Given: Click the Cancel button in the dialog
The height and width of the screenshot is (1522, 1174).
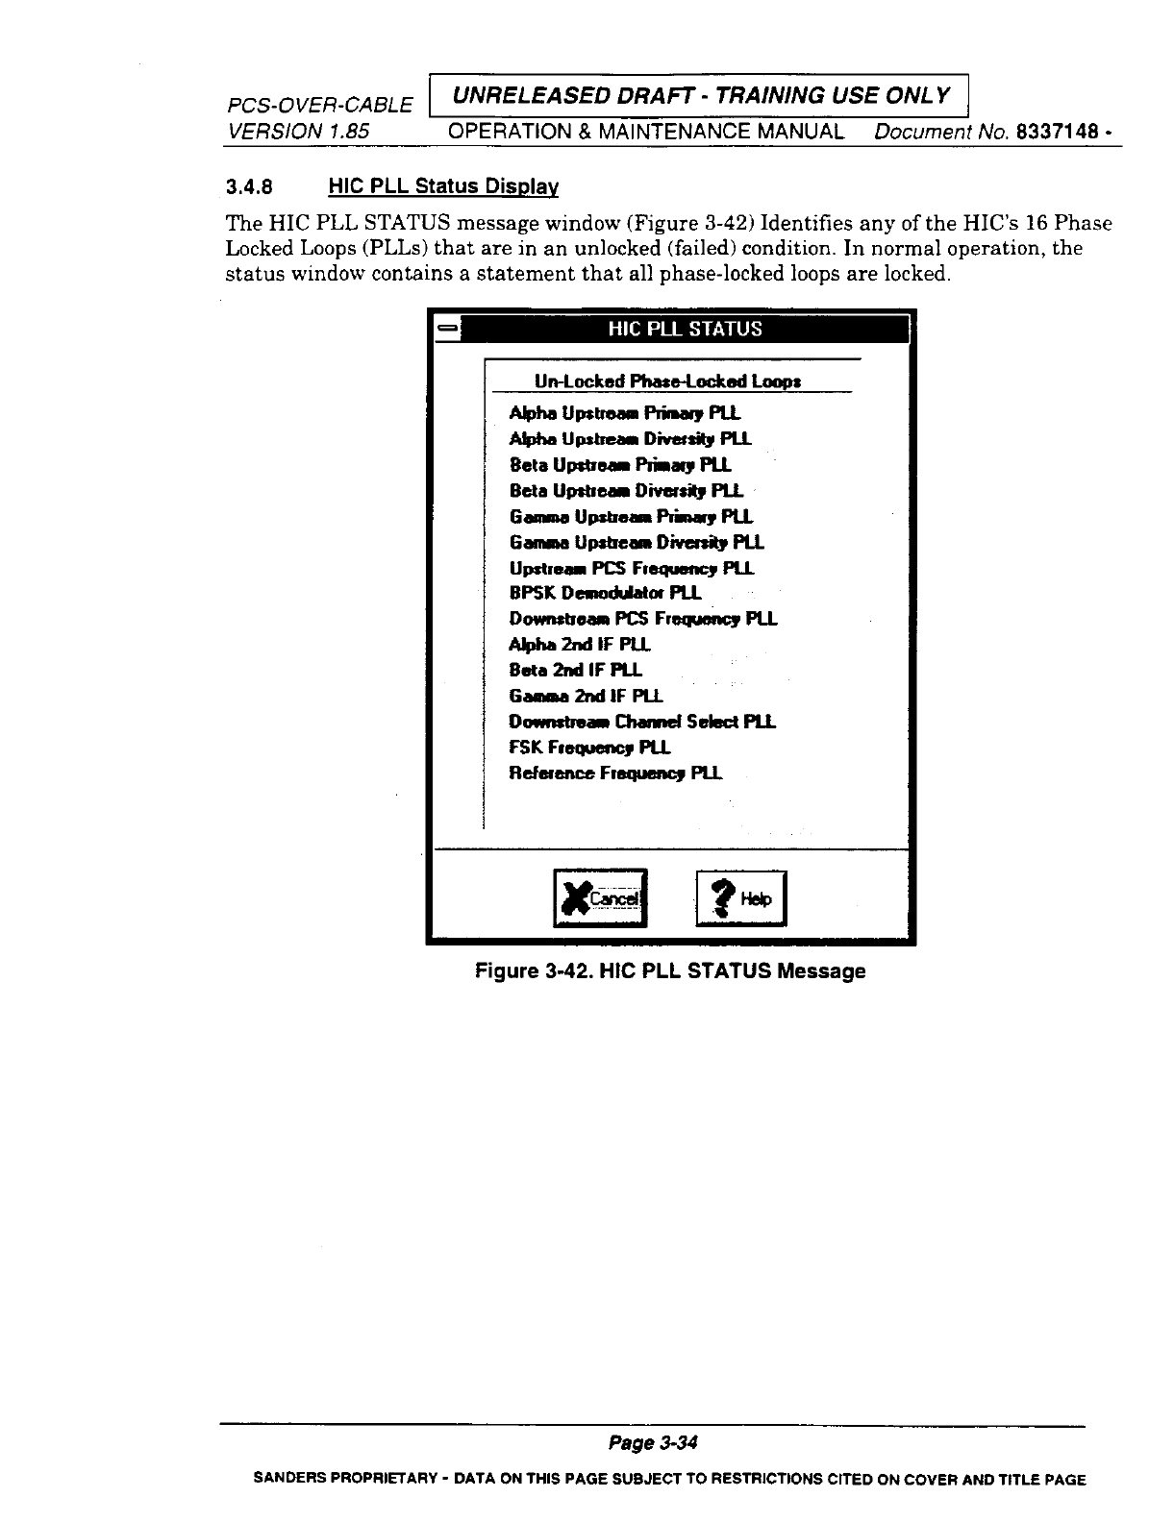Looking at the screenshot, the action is pyautogui.click(x=601, y=897).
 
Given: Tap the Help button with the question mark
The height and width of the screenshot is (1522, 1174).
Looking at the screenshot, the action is pyautogui.click(x=740, y=898).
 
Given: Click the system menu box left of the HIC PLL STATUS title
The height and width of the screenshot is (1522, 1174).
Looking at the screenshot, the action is pyautogui.click(x=447, y=329).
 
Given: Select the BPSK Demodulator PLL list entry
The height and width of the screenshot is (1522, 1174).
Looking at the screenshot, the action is pyautogui.click(x=605, y=593).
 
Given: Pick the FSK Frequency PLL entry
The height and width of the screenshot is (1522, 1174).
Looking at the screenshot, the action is pyautogui.click(x=589, y=747).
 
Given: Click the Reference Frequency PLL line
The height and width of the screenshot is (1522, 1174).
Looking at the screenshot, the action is pyautogui.click(x=615, y=773).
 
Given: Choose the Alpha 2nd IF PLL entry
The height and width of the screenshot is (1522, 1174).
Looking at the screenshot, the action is pyautogui.click(x=580, y=644).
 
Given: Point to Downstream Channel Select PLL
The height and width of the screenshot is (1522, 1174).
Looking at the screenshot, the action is pyautogui.click(x=642, y=722).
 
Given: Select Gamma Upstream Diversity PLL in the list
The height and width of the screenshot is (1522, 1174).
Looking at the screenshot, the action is pyautogui.click(x=637, y=542).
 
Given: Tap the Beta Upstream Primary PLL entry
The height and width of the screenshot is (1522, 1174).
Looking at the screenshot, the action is pyautogui.click(x=620, y=465).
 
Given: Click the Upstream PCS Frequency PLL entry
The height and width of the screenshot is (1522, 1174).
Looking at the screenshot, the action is pyautogui.click(x=632, y=568).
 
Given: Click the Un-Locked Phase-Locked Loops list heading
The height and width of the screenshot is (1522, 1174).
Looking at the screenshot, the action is pyautogui.click(x=668, y=382).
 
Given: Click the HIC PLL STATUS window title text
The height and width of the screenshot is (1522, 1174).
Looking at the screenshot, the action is pyautogui.click(x=685, y=329).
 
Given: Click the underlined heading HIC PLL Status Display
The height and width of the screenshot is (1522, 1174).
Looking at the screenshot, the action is pyautogui.click(x=443, y=185).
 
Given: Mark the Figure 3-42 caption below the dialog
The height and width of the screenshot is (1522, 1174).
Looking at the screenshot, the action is pyautogui.click(x=671, y=971).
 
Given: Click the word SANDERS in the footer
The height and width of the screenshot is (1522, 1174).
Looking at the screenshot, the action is pyautogui.click(x=285, y=1480).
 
